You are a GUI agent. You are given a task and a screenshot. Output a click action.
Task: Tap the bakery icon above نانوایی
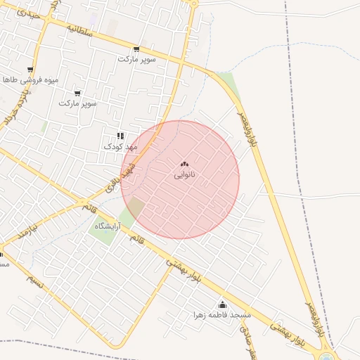(184, 164)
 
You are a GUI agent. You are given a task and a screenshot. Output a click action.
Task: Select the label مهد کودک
(118, 146)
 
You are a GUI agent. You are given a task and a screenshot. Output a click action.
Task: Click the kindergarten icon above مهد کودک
(120, 136)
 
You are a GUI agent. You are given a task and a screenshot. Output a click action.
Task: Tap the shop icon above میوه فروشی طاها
(30, 70)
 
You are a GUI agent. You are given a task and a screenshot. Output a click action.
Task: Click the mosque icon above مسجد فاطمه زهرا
(223, 304)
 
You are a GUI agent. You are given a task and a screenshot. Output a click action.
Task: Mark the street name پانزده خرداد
(16, 108)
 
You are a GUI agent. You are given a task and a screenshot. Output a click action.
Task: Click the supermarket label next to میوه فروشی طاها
(77, 103)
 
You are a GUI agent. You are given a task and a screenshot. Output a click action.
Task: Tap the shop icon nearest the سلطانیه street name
(136, 49)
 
